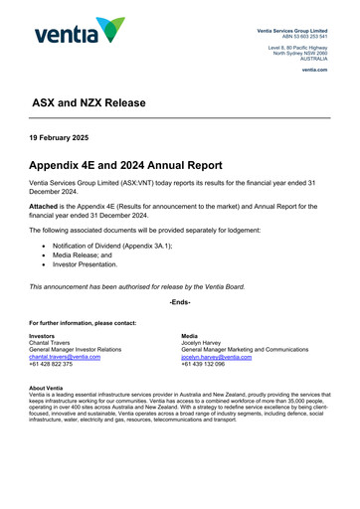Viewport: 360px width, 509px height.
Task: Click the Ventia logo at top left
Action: pyautogui.click(x=80, y=33)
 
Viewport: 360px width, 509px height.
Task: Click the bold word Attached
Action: pyautogui.click(x=46, y=206)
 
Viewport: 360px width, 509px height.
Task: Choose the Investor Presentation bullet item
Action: pyautogui.click(x=91, y=264)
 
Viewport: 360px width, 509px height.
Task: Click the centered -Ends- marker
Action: pyautogui.click(x=180, y=301)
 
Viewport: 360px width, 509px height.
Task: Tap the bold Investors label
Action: pyautogui.click(x=42, y=336)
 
